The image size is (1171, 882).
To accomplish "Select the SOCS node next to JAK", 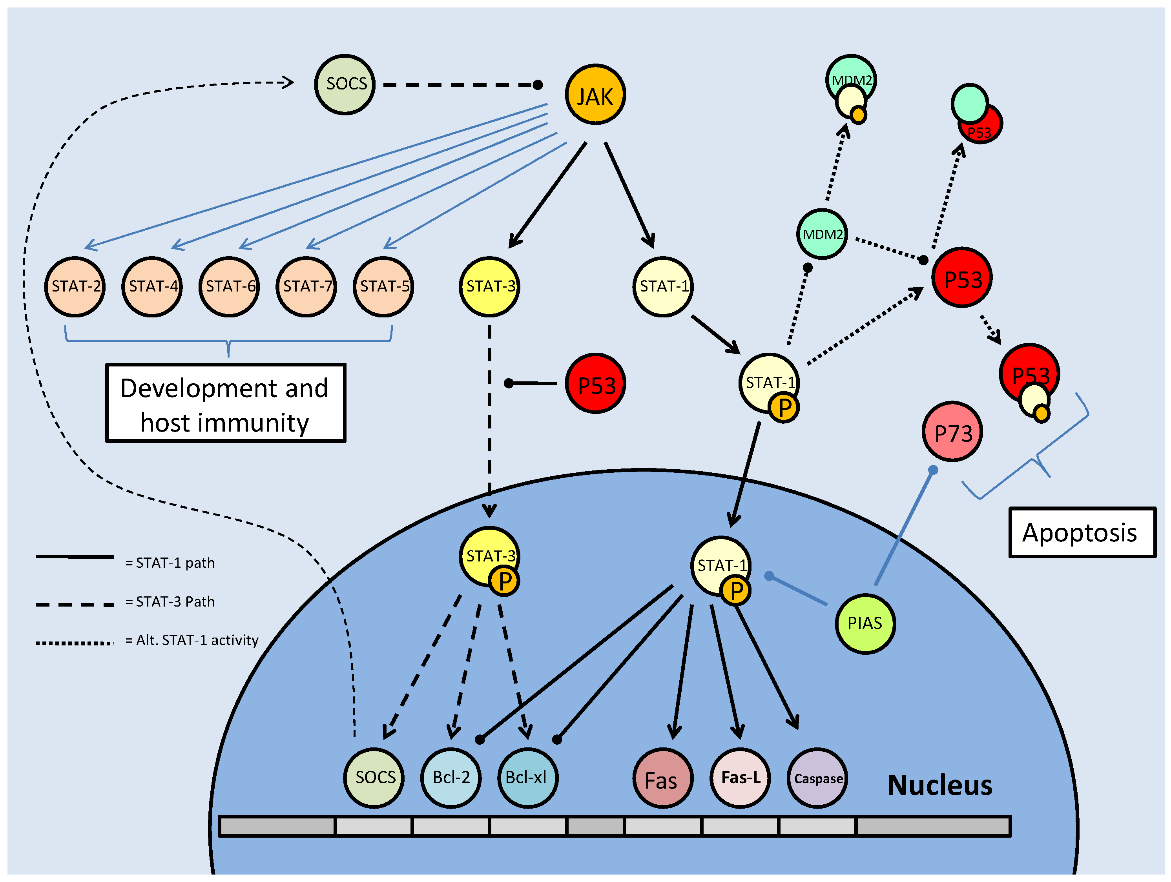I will [345, 84].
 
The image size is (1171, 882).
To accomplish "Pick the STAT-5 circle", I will [383, 286].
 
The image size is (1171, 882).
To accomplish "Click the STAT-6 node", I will [229, 286].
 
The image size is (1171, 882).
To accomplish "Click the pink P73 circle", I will [952, 432].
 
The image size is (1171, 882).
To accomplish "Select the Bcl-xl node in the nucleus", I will [527, 778].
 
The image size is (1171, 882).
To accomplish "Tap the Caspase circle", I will [817, 778].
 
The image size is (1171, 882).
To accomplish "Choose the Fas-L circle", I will [740, 778].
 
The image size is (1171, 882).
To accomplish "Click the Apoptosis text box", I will [1082, 532].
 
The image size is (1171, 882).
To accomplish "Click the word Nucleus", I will [939, 785].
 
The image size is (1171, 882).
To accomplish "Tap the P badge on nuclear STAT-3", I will [505, 581].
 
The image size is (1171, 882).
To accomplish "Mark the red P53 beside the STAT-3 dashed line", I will [595, 383].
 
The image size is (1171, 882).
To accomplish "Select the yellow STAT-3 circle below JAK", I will [489, 286].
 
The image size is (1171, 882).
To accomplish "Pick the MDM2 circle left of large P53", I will [822, 234].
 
